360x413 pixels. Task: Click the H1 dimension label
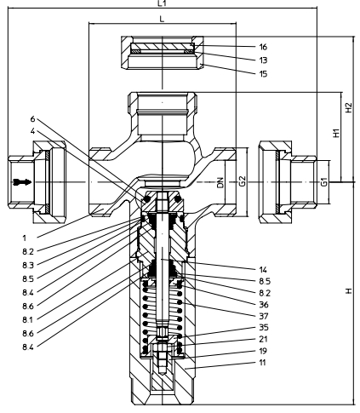pos(336,134)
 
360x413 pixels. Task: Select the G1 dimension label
pos(323,182)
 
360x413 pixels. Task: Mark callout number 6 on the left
pos(33,118)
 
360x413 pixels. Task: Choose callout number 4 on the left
pos(33,131)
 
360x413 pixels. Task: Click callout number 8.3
pos(28,265)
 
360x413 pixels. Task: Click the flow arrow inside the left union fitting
pos(23,182)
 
